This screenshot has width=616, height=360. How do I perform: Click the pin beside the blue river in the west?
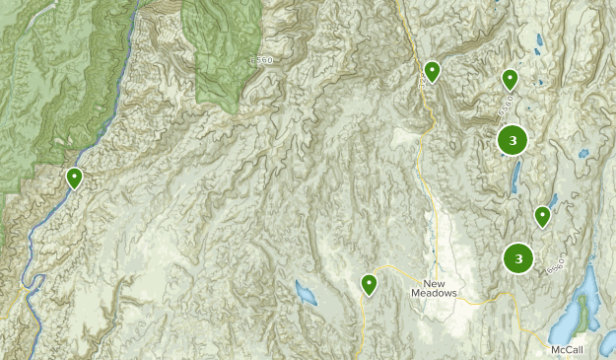click(x=74, y=179)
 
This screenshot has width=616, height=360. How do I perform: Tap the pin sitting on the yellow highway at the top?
click(x=432, y=71)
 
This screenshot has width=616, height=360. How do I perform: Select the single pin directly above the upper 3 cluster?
click(x=510, y=79)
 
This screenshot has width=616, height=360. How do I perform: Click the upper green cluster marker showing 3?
click(x=512, y=140)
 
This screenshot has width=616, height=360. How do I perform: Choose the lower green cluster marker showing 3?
click(x=517, y=258)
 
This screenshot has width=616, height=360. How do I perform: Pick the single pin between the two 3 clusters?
click(x=542, y=216)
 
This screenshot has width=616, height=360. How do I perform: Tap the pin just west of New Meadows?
click(x=369, y=284)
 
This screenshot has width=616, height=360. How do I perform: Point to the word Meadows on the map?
click(x=436, y=292)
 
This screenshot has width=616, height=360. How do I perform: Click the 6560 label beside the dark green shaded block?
click(x=261, y=61)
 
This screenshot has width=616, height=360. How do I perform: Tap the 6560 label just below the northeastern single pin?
click(x=507, y=103)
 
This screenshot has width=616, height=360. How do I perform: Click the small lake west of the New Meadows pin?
click(x=306, y=292)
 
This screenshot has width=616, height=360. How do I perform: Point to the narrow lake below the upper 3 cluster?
click(x=514, y=178)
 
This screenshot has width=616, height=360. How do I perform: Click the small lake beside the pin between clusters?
click(x=554, y=200)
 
